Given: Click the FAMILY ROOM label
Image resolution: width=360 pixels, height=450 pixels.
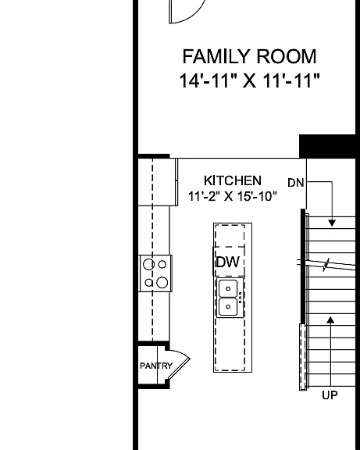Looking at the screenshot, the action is (x=249, y=56).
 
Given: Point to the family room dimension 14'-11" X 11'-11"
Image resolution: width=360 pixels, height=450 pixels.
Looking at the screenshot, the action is (x=249, y=80).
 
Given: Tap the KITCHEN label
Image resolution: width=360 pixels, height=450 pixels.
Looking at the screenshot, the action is (x=233, y=180).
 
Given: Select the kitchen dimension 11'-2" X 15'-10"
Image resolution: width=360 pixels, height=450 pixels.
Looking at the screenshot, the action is (x=233, y=197).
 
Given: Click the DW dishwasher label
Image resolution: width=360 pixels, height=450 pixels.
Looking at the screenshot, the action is (x=228, y=262).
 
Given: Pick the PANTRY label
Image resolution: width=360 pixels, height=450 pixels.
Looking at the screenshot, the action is (x=156, y=366).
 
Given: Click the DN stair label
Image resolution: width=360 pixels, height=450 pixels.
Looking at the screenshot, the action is (x=295, y=183).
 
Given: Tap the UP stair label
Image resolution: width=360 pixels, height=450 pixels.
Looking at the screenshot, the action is (x=330, y=395).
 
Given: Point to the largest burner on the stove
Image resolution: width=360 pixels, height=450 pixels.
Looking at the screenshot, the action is (x=162, y=283).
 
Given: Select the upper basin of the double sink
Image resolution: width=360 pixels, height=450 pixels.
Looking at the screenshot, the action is (x=228, y=289).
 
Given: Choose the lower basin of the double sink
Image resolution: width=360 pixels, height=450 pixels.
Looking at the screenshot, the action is (x=228, y=307).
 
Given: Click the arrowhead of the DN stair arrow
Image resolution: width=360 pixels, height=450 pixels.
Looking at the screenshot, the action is (x=332, y=223).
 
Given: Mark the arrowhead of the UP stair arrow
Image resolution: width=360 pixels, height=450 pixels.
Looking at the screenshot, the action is (x=331, y=320).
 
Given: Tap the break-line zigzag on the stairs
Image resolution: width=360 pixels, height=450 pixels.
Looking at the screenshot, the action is (x=326, y=265).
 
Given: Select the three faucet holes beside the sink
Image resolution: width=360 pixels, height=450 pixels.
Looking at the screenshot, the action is (x=240, y=298).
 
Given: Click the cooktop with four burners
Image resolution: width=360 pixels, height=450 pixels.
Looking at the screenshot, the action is (x=155, y=273).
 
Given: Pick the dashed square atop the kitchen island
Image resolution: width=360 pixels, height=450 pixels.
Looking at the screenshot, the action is (x=230, y=236).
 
